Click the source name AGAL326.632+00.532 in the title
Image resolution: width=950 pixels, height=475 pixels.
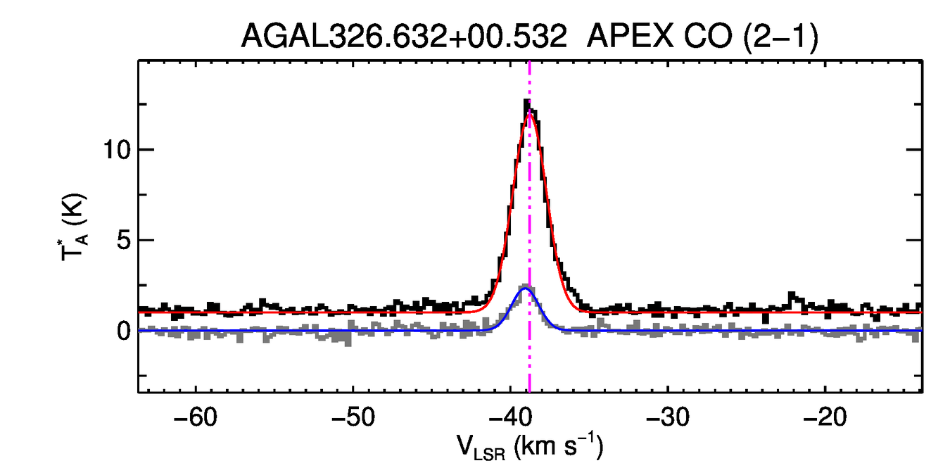pos(404,36)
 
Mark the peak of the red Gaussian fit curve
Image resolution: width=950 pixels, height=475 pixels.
pos(530,114)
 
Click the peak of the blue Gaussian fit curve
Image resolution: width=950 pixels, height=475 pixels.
pos(525,289)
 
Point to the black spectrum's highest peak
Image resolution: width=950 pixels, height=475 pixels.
pos(526,103)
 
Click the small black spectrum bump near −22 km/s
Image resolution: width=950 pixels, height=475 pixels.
pos(792,294)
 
